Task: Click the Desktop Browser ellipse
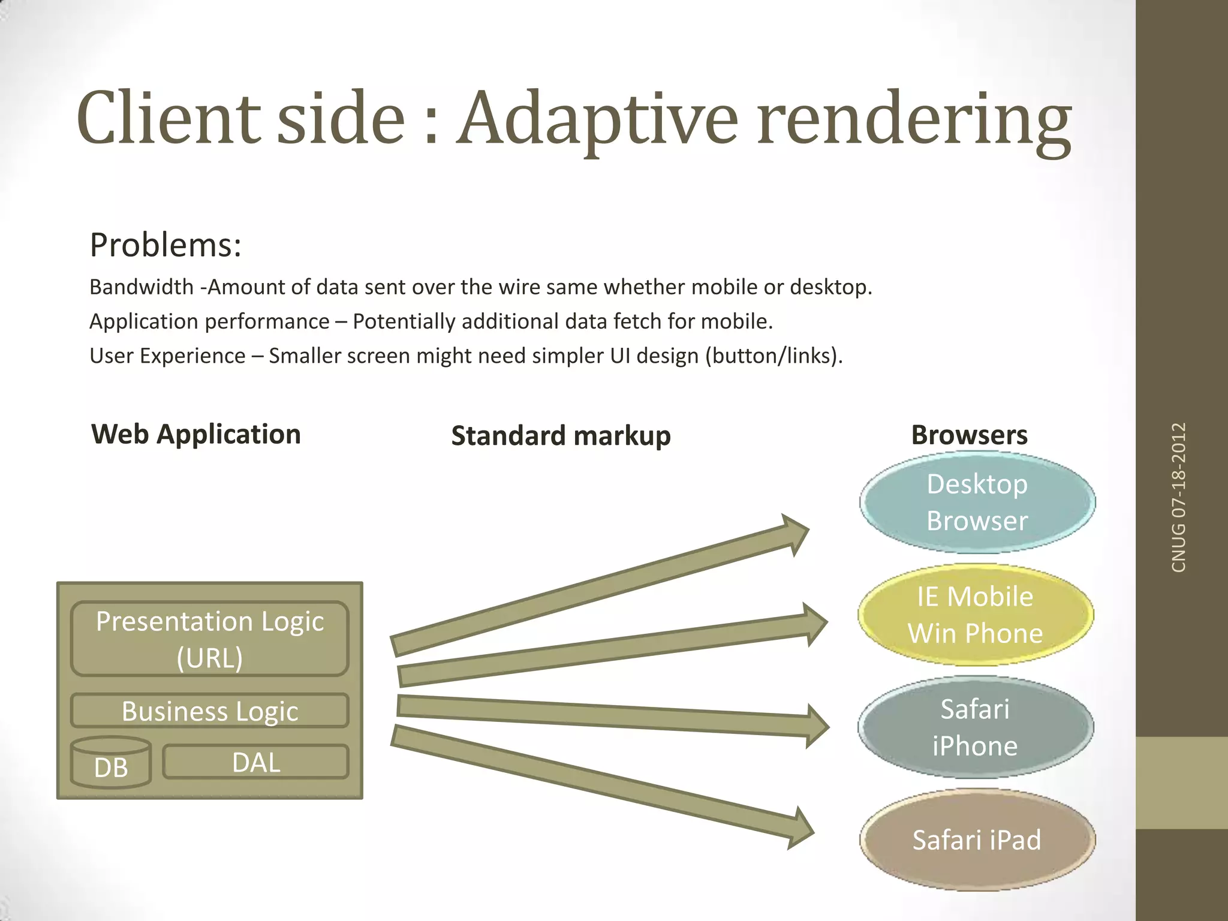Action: [x=977, y=502]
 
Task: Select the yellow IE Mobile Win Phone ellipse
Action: [x=976, y=615]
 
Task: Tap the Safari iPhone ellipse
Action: [x=976, y=727]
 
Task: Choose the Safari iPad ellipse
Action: [x=977, y=839]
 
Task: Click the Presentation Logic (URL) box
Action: [x=210, y=639]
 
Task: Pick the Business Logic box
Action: [x=210, y=711]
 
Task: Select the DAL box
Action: [x=256, y=763]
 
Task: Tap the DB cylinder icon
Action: [x=111, y=763]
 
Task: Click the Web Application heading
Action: [x=196, y=434]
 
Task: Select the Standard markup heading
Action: [x=561, y=436]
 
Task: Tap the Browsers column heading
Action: [x=969, y=435]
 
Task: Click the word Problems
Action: [x=165, y=245]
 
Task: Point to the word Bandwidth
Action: [x=142, y=287]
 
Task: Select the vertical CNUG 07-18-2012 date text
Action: [x=1179, y=498]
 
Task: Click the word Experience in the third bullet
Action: [x=192, y=356]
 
